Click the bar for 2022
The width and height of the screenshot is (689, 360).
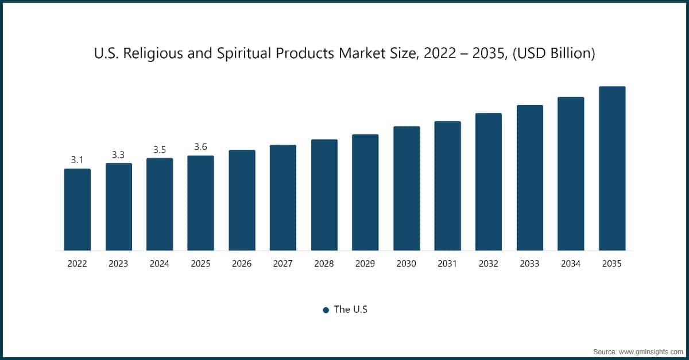coord(77,210)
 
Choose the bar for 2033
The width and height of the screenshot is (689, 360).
coord(529,178)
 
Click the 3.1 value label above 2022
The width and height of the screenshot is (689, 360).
coord(77,160)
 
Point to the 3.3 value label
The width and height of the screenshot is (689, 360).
coord(118,155)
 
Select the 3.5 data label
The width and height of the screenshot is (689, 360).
coord(160,150)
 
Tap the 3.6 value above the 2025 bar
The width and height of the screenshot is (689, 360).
coord(200,147)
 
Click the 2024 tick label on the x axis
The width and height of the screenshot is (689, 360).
coord(160,264)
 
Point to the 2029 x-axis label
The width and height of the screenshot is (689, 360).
coord(365,264)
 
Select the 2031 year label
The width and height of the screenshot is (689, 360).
coord(447,264)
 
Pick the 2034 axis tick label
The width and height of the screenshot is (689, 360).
coord(571,264)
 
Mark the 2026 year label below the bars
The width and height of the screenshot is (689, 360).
coord(242,264)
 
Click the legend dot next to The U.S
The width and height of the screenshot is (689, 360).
coord(326,310)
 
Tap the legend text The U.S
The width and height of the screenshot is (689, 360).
coord(350,309)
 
